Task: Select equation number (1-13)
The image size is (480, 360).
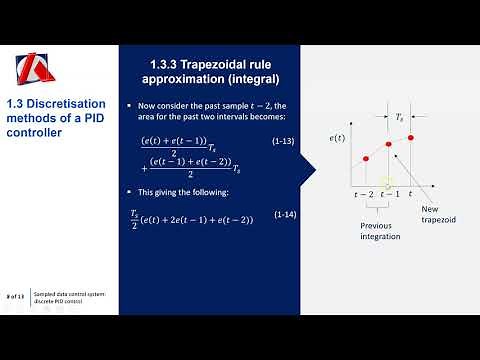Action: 282,145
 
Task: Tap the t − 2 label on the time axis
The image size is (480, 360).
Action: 365,193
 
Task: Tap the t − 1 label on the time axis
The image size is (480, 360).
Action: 390,193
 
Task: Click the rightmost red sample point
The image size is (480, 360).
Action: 412,136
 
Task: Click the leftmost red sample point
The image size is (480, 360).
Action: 365,159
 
